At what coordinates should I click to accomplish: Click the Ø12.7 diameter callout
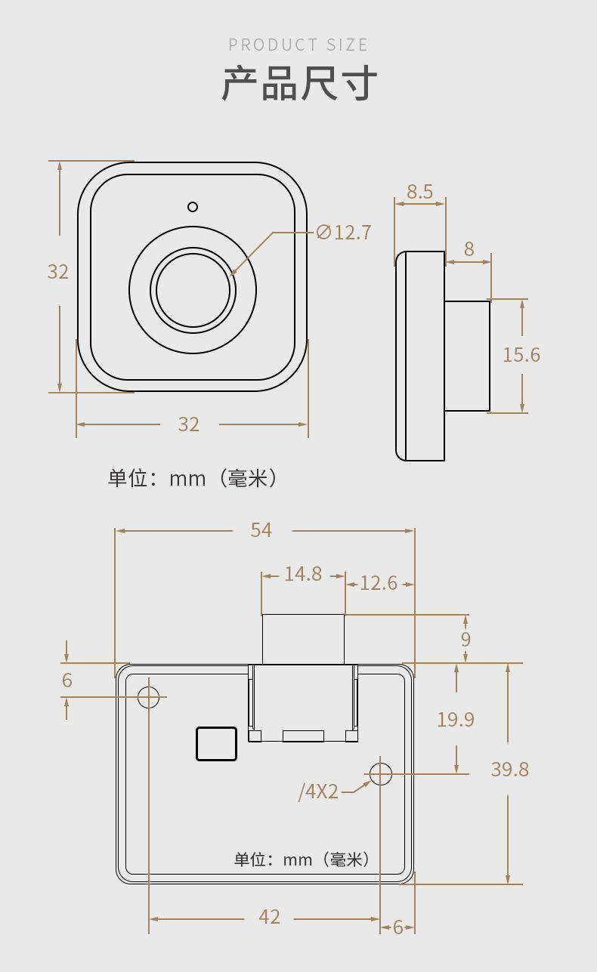[343, 233]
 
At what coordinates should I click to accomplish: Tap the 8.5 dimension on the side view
[420, 191]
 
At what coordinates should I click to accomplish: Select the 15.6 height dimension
[521, 355]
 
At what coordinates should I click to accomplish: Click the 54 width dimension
[261, 530]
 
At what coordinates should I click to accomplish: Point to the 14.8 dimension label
[303, 574]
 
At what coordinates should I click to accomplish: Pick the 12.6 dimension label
[379, 583]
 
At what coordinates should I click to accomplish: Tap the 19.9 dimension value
[456, 720]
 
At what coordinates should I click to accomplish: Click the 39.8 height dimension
[510, 770]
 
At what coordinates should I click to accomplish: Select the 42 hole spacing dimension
[269, 917]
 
